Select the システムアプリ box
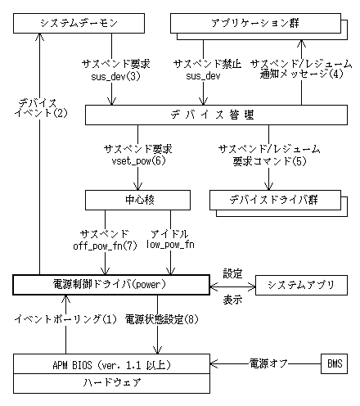click(302, 285)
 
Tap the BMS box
click(334, 363)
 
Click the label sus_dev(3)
click(115, 76)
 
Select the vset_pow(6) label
click(137, 161)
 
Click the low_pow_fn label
click(169, 244)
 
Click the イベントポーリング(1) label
click(68, 318)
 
